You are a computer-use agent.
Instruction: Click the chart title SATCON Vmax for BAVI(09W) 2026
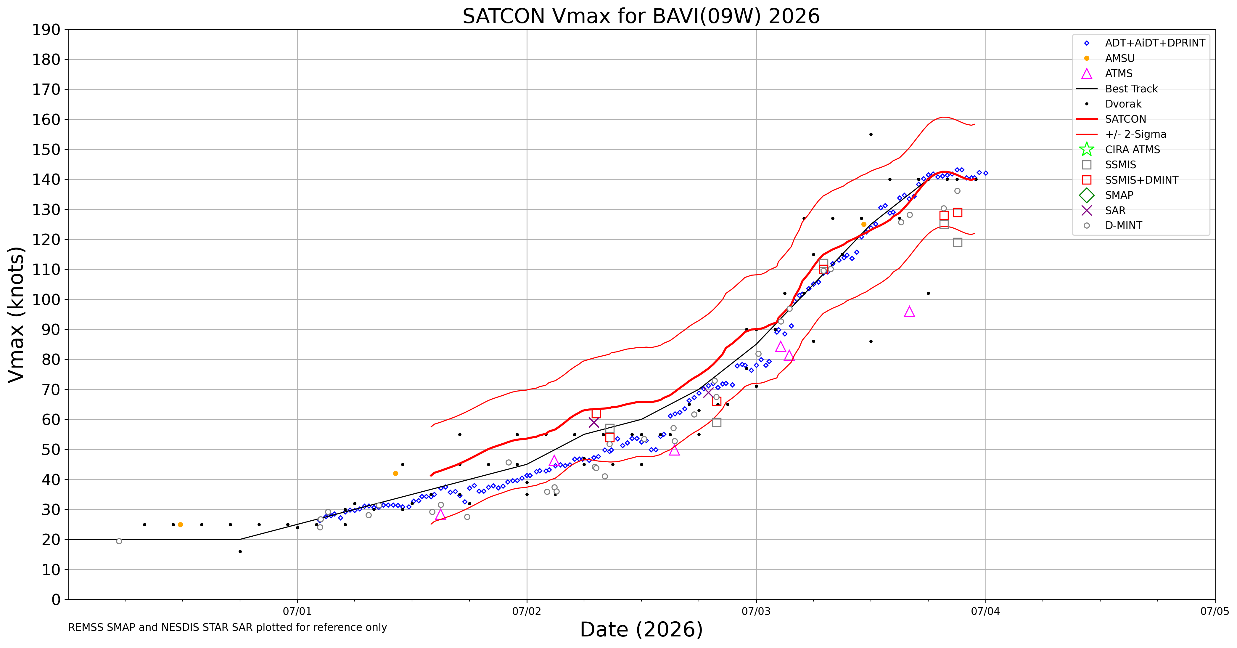641,16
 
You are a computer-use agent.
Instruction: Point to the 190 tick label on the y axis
46,30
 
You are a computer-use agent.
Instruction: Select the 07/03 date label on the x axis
756,612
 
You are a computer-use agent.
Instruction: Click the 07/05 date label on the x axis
1215,612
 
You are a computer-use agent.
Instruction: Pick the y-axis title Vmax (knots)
16,315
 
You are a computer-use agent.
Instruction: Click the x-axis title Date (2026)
641,630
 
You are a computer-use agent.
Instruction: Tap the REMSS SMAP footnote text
228,627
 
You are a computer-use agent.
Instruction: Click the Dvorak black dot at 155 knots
871,134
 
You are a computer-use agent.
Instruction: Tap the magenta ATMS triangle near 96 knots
909,312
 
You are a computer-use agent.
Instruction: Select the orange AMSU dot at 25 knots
180,525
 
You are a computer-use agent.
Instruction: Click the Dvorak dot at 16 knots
240,551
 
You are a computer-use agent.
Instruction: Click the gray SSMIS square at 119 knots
958,243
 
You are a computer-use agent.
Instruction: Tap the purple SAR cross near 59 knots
593,423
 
